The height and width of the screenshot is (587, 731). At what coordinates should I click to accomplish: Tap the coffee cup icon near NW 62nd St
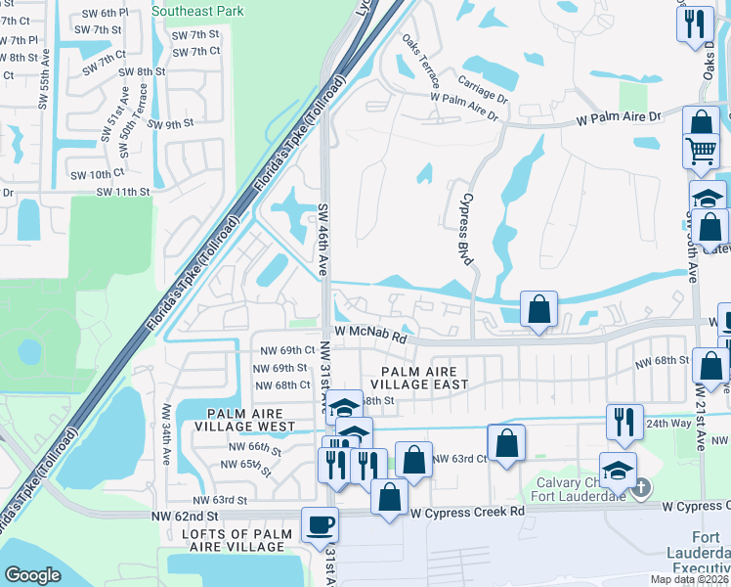pos(321,525)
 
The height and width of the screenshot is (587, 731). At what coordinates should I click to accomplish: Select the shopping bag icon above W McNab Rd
pos(537,309)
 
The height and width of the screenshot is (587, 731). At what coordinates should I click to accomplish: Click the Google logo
pos(32,575)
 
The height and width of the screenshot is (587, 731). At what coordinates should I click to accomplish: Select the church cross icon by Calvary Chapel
pos(642,486)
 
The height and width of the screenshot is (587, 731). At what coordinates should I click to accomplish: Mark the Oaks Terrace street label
pos(421,66)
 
